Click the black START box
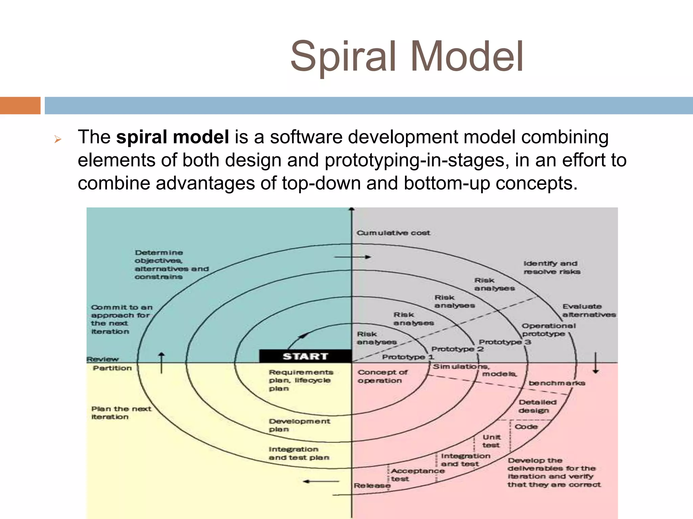(305, 356)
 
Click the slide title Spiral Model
(407, 56)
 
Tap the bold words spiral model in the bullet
(173, 137)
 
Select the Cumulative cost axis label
(393, 233)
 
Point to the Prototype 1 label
(408, 357)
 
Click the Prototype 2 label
(457, 349)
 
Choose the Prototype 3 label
(505, 342)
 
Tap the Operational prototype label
(548, 330)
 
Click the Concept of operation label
(382, 376)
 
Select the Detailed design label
(537, 406)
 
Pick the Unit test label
(491, 441)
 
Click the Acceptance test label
(417, 475)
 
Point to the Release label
(372, 486)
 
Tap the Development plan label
(299, 425)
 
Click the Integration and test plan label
(298, 453)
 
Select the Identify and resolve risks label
(552, 267)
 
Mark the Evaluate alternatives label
(589, 311)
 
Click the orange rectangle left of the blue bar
(20, 105)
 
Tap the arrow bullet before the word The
(58, 139)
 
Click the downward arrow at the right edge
(596, 363)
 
